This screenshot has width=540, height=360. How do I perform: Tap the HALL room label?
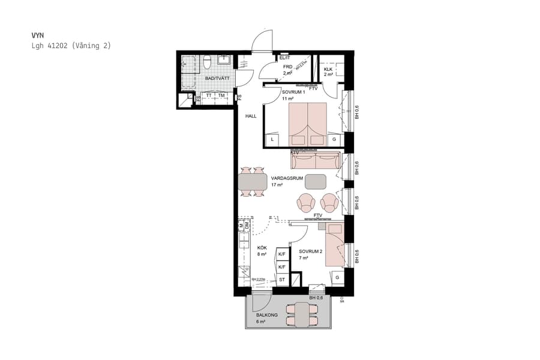coord(251,116)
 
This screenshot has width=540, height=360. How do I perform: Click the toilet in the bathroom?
coord(206,61)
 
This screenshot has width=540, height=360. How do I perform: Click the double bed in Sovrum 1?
coord(308,124)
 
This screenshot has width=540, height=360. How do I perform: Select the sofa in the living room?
coord(315,160)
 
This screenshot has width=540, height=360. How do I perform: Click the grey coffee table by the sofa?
coord(316,181)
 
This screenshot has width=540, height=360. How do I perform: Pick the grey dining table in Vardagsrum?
coord(253,181)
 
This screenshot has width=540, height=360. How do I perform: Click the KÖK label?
coord(262,248)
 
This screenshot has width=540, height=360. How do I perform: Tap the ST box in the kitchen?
coord(282,280)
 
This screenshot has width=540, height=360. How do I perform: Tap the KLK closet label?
coord(328,69)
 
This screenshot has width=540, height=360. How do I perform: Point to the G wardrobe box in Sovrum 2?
coord(337,277)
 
